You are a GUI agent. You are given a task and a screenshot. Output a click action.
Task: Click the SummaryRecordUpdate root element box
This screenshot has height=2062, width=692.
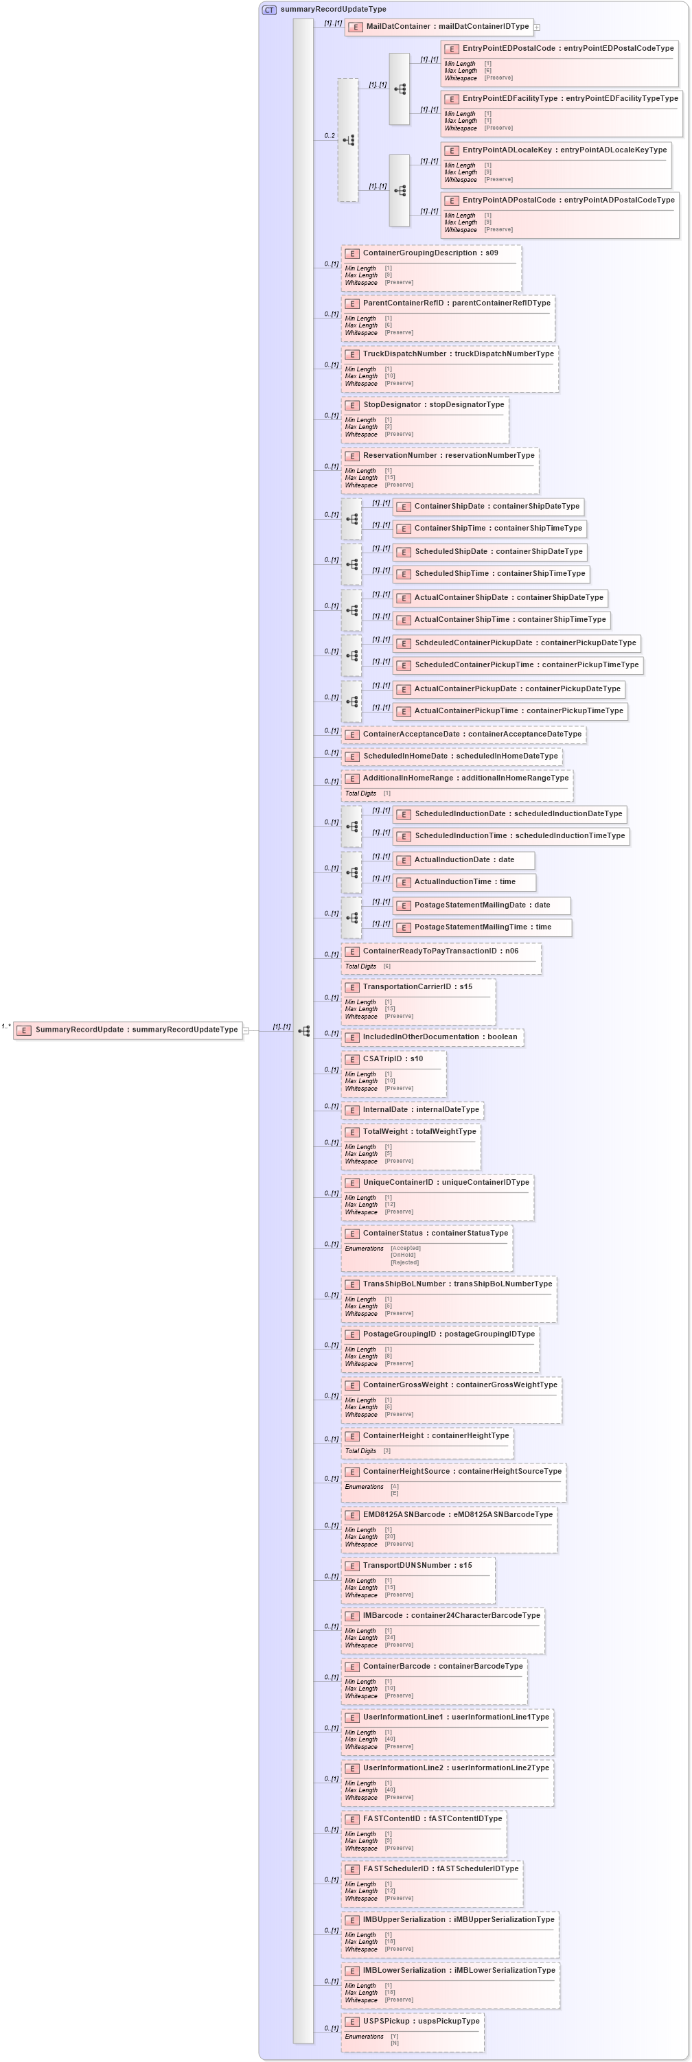tap(128, 1030)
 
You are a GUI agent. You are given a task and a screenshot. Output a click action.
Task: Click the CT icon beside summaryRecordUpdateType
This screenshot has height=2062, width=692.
tap(269, 10)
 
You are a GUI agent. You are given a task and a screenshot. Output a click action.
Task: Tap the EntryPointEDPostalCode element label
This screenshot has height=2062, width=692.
tap(568, 48)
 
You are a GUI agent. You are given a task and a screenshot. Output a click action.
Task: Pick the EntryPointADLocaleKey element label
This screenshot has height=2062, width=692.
tap(564, 150)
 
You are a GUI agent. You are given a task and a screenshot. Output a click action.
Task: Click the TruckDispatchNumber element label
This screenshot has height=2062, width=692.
tap(457, 354)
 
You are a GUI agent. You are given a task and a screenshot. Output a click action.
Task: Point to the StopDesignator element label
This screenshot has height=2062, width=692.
tap(433, 405)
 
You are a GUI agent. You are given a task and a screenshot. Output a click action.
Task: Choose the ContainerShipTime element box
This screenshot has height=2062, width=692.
tap(489, 529)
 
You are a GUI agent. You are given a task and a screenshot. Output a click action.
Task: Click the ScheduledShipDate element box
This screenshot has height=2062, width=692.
tap(490, 551)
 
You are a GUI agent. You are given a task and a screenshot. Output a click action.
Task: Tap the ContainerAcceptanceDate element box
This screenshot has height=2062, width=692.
tap(464, 734)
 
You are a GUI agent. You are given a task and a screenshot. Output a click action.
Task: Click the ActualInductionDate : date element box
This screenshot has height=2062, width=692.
tap(464, 859)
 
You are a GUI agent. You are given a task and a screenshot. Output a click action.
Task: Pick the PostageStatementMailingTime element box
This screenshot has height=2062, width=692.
tap(482, 927)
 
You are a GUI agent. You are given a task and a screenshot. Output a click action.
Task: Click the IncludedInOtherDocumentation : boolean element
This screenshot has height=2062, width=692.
tap(432, 1036)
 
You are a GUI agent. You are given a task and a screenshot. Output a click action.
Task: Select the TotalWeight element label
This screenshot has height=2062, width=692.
tap(419, 1131)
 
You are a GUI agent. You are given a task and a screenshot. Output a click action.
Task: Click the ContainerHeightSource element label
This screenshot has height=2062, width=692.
tap(461, 1471)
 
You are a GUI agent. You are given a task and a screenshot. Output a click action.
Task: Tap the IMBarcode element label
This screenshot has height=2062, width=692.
tap(451, 1615)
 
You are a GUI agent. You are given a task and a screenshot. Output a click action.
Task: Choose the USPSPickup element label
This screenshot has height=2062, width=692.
tap(420, 2022)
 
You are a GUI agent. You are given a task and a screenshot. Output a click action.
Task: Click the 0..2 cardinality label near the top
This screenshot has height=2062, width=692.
tap(330, 135)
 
